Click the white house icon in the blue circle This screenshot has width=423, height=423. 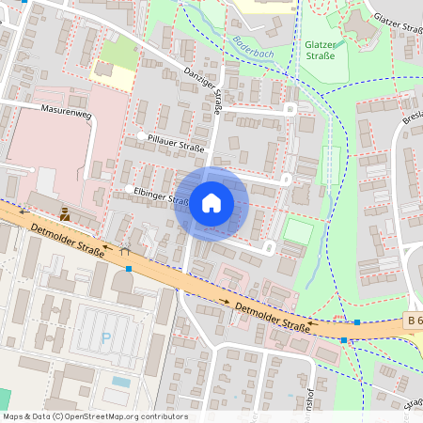coord(211,203)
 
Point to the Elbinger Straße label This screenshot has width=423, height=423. coord(164,195)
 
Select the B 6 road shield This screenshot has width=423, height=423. coord(414,321)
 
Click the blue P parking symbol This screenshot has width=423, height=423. coord(105,337)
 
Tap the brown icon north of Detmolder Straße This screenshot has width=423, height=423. coord(64,214)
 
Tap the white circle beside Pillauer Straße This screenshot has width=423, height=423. coord(142,136)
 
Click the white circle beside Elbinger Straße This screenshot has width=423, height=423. coord(129,189)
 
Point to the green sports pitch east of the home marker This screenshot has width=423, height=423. coord(296,230)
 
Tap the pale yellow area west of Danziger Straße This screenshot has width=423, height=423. coord(112,69)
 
